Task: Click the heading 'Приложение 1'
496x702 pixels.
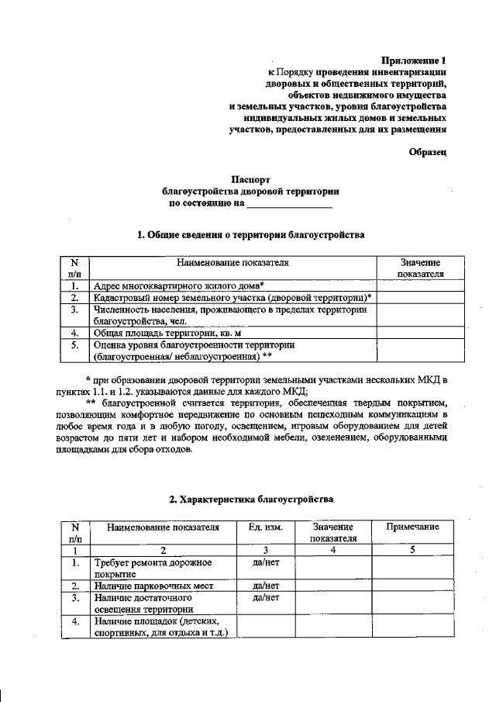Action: click(x=415, y=60)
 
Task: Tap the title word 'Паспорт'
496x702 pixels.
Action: click(x=250, y=178)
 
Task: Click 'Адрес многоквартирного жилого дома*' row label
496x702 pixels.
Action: click(x=179, y=285)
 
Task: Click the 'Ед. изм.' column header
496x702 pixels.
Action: click(x=265, y=527)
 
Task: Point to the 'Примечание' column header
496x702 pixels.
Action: click(x=412, y=527)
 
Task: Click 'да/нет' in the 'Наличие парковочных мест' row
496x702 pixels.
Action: click(x=265, y=586)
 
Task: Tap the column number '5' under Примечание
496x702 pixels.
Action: click(x=412, y=550)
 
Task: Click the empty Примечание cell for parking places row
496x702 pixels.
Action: click(x=412, y=586)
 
